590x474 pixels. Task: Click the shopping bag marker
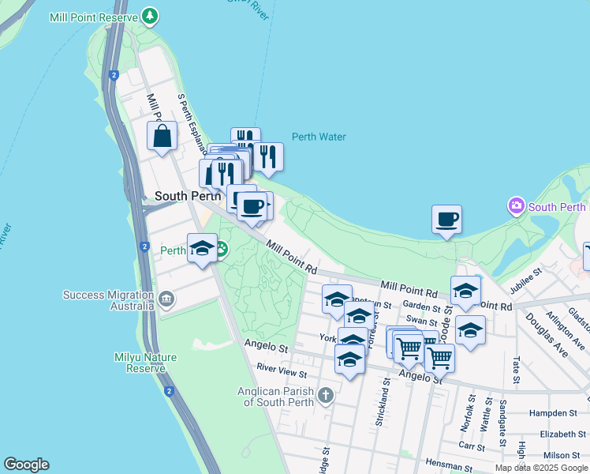click(162, 136)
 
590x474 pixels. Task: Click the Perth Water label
click(319, 137)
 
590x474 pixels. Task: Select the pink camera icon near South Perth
click(516, 207)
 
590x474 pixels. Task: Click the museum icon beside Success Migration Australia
click(166, 299)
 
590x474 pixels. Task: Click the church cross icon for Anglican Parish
click(327, 394)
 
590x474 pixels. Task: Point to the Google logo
click(26, 465)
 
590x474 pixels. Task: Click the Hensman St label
click(448, 461)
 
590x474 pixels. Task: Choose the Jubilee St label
click(527, 281)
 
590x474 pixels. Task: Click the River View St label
click(282, 369)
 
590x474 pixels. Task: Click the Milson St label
click(562, 455)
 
